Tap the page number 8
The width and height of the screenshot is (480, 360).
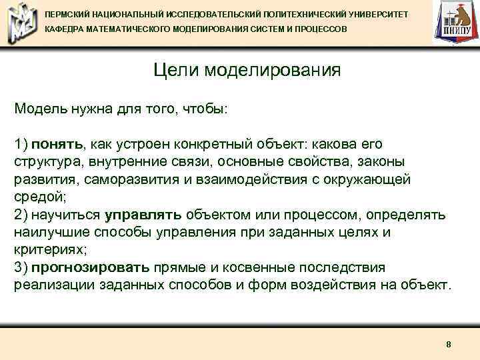(449, 344)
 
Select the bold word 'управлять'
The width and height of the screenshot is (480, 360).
(143, 215)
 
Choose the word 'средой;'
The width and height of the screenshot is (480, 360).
(37, 197)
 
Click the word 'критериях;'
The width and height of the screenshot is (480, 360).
(46, 250)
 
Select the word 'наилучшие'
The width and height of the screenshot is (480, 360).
(47, 233)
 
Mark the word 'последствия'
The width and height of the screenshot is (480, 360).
(347, 268)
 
